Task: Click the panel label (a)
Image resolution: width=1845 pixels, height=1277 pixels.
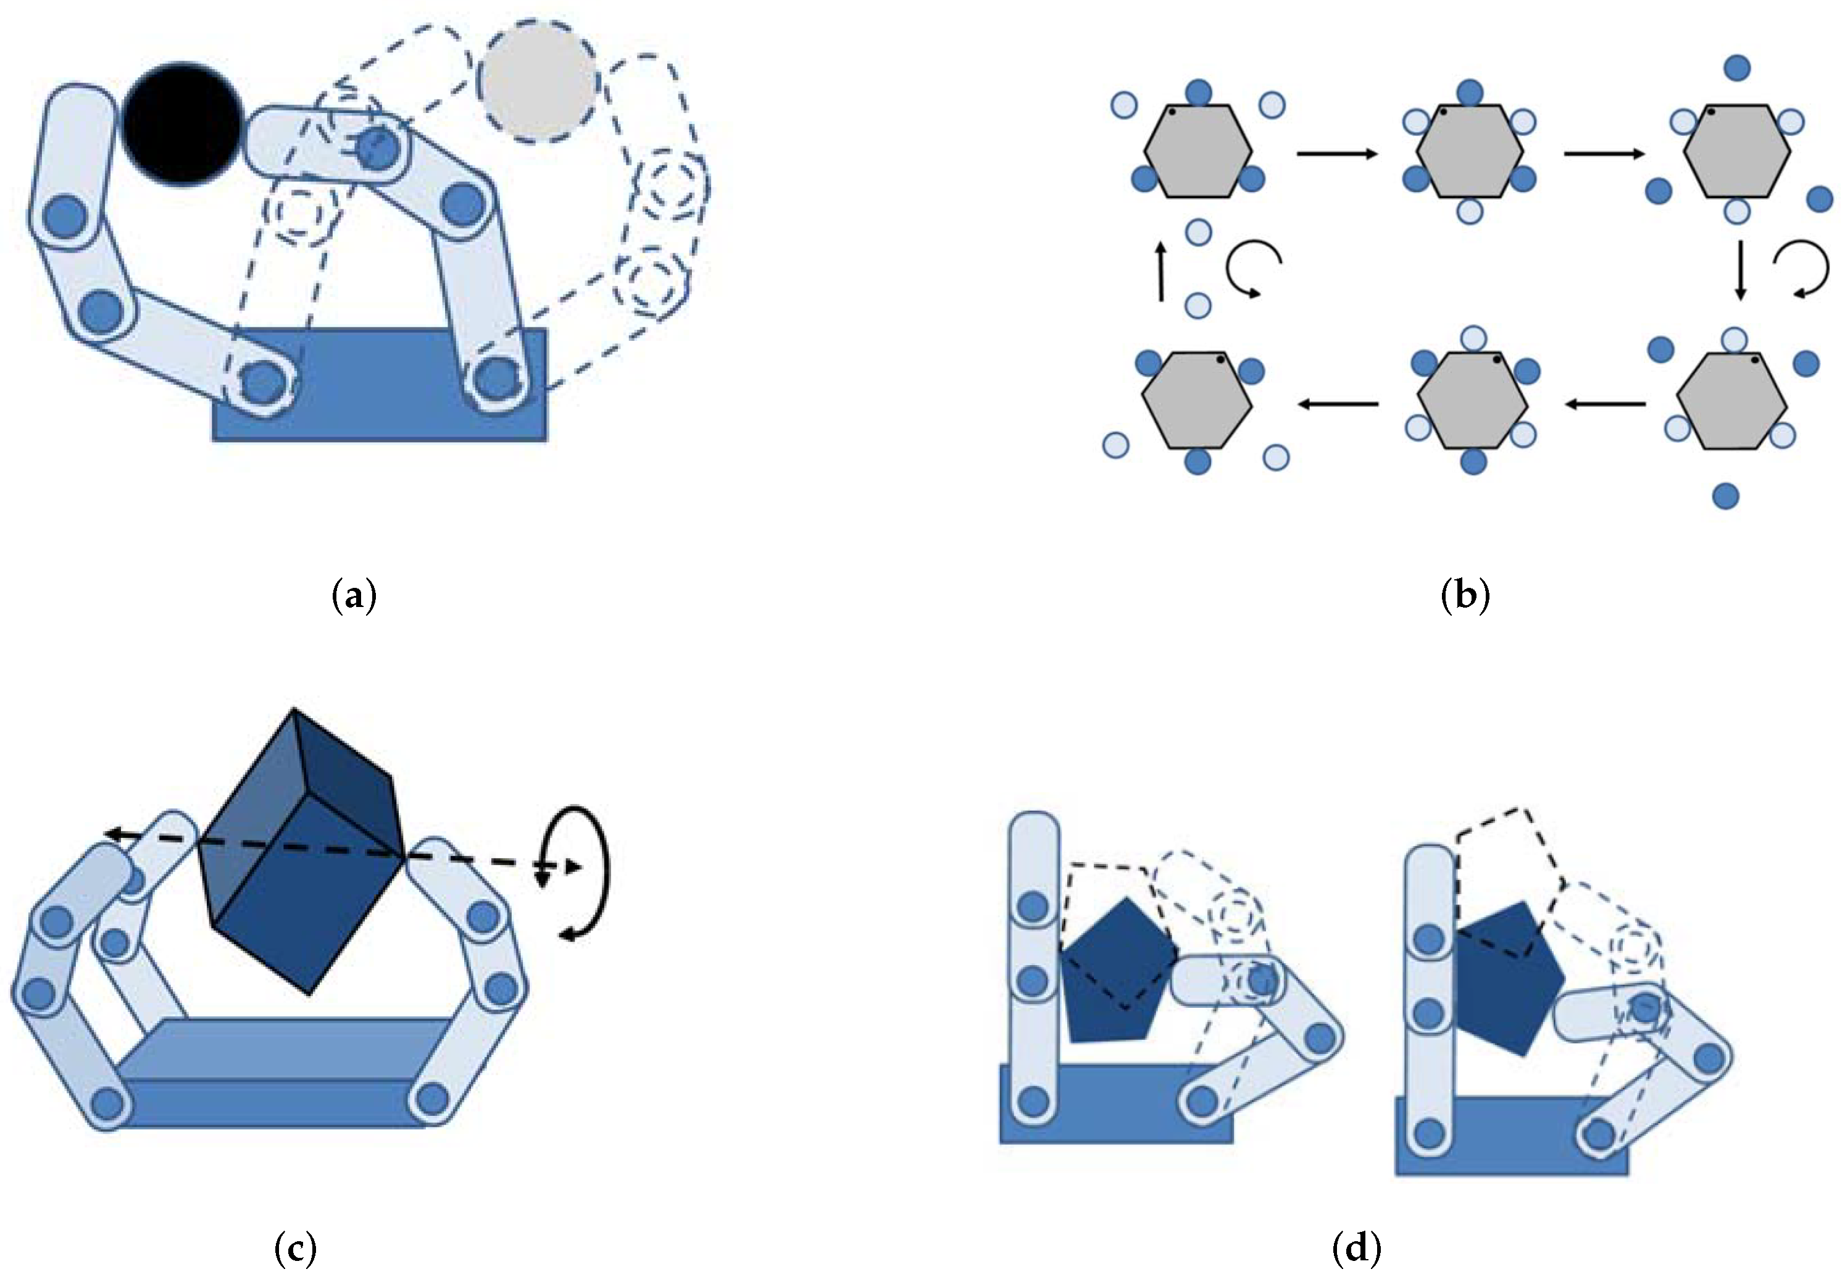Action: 354,596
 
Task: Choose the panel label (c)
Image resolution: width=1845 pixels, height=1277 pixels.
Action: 295,1247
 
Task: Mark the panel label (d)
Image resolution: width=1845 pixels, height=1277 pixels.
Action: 1357,1247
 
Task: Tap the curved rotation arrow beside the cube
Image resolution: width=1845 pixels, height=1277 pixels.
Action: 588,871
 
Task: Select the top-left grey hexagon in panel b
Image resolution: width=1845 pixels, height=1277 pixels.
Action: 1197,151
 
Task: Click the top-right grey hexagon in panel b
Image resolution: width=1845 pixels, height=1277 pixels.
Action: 1736,151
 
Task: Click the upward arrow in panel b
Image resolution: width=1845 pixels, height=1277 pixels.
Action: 1161,272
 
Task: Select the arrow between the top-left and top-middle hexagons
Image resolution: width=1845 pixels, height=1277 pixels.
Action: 1336,153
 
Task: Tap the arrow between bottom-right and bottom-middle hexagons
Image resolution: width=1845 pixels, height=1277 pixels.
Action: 1605,404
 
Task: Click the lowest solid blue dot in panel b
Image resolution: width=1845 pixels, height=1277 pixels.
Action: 1726,496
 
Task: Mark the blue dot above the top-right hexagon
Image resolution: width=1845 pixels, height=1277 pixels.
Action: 1737,68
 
